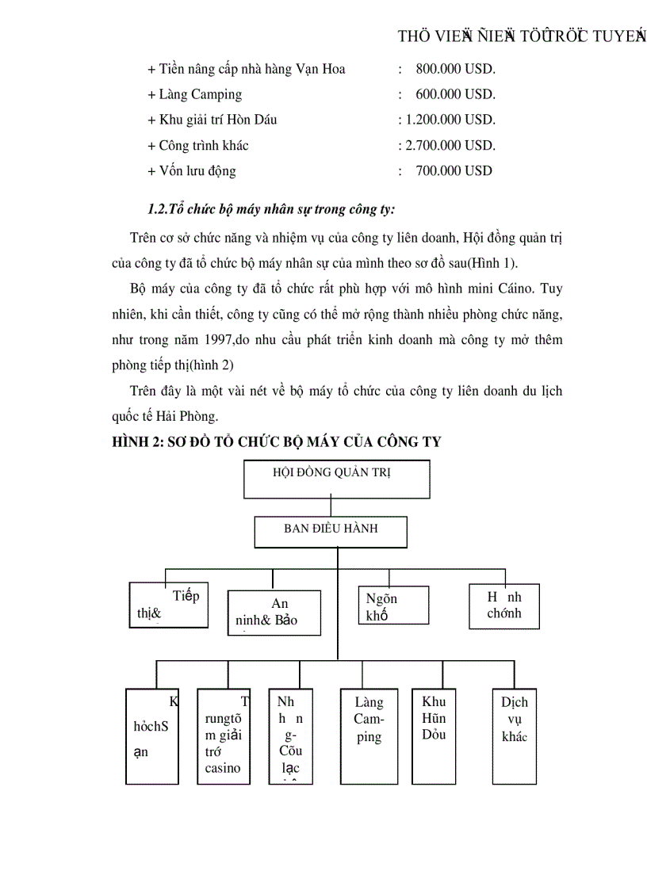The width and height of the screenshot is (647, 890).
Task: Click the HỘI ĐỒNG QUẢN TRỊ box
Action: (x=336, y=479)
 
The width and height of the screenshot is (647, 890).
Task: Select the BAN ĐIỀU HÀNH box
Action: (x=331, y=532)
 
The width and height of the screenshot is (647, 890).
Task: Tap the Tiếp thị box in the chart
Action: (x=169, y=605)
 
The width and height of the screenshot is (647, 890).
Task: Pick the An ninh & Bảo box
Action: (x=274, y=612)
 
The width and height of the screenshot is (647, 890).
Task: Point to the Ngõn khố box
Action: (x=392, y=606)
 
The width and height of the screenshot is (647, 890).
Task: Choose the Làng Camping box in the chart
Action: (x=369, y=735)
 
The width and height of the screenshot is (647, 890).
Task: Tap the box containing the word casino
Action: (x=224, y=735)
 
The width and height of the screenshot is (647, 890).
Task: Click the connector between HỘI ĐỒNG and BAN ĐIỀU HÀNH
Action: (x=331, y=507)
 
